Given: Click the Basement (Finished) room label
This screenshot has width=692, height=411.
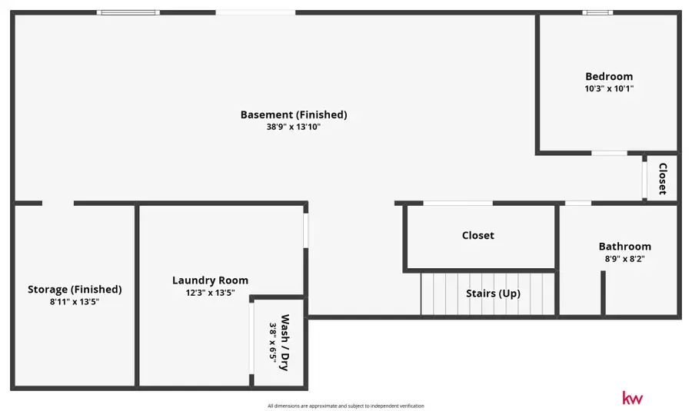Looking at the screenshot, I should [294, 114].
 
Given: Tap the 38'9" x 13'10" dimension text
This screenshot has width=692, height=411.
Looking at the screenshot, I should [294, 127].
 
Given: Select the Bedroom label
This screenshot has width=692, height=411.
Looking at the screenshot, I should [609, 76].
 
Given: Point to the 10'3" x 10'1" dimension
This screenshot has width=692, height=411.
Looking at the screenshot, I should [609, 88].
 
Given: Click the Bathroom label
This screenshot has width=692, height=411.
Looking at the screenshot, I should [624, 247].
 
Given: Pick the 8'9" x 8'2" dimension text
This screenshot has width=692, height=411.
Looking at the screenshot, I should [624, 259].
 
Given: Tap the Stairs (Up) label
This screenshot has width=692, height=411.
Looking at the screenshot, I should [493, 293].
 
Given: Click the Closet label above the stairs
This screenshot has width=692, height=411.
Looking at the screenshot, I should [477, 236].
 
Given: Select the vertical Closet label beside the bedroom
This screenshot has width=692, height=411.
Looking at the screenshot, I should [662, 178].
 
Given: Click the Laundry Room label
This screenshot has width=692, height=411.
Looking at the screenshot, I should [210, 280].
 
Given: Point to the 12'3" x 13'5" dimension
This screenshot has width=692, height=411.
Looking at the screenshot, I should [210, 293].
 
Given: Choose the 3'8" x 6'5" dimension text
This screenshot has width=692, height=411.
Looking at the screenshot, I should [272, 343].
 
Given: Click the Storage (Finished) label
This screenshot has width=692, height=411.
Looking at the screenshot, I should [75, 290].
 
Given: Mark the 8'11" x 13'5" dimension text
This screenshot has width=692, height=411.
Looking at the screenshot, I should [75, 302].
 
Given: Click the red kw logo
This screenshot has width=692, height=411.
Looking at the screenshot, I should [632, 398].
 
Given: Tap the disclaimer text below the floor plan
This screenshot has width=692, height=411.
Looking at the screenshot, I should [345, 406].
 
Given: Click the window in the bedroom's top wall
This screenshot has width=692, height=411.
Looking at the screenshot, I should [597, 12].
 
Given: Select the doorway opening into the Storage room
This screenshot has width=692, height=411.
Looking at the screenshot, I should [58, 203].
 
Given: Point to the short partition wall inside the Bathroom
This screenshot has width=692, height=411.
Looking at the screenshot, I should [604, 293].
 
